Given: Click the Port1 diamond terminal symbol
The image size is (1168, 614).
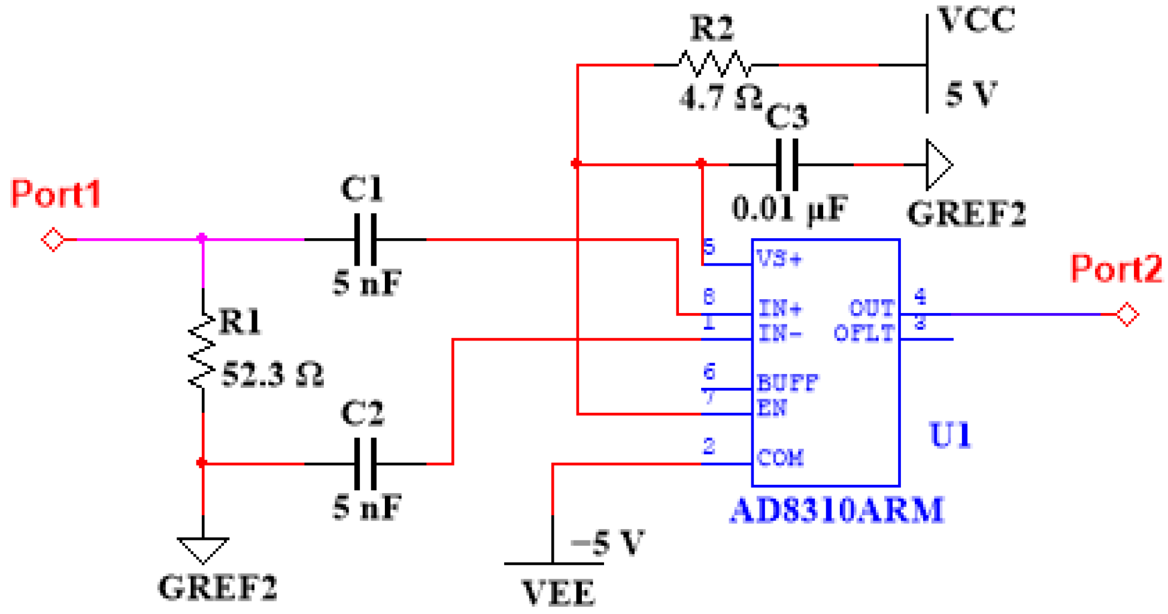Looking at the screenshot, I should point(53,240).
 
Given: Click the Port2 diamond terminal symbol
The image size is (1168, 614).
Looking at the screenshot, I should point(1127,314).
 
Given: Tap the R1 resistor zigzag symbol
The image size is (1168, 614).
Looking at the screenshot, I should point(202,351).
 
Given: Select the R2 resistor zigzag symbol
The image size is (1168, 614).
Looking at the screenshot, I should point(714,64).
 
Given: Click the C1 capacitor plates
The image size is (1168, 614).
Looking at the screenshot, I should point(366,239).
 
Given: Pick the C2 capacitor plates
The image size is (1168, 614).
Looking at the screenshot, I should point(366,464).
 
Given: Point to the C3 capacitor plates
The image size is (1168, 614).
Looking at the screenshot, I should point(787,165).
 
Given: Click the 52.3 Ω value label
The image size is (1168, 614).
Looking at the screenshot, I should point(272,376).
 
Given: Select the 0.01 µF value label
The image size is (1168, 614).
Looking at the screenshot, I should point(790,209).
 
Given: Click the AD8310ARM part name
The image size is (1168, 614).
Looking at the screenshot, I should point(836,510).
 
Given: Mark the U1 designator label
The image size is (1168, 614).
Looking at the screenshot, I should point(949,435).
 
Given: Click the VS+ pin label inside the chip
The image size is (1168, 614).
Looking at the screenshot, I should point(779,259).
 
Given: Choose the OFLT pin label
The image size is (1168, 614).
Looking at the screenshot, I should point(863,334).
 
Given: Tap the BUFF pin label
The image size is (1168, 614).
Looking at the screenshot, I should point(787,383).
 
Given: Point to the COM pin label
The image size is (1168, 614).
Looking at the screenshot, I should point(779,458).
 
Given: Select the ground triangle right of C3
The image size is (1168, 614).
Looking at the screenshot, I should point(938,165).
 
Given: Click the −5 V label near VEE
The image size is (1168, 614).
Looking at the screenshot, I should point(606,543).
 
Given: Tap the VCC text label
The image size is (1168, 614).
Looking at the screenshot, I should point(976,20).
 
